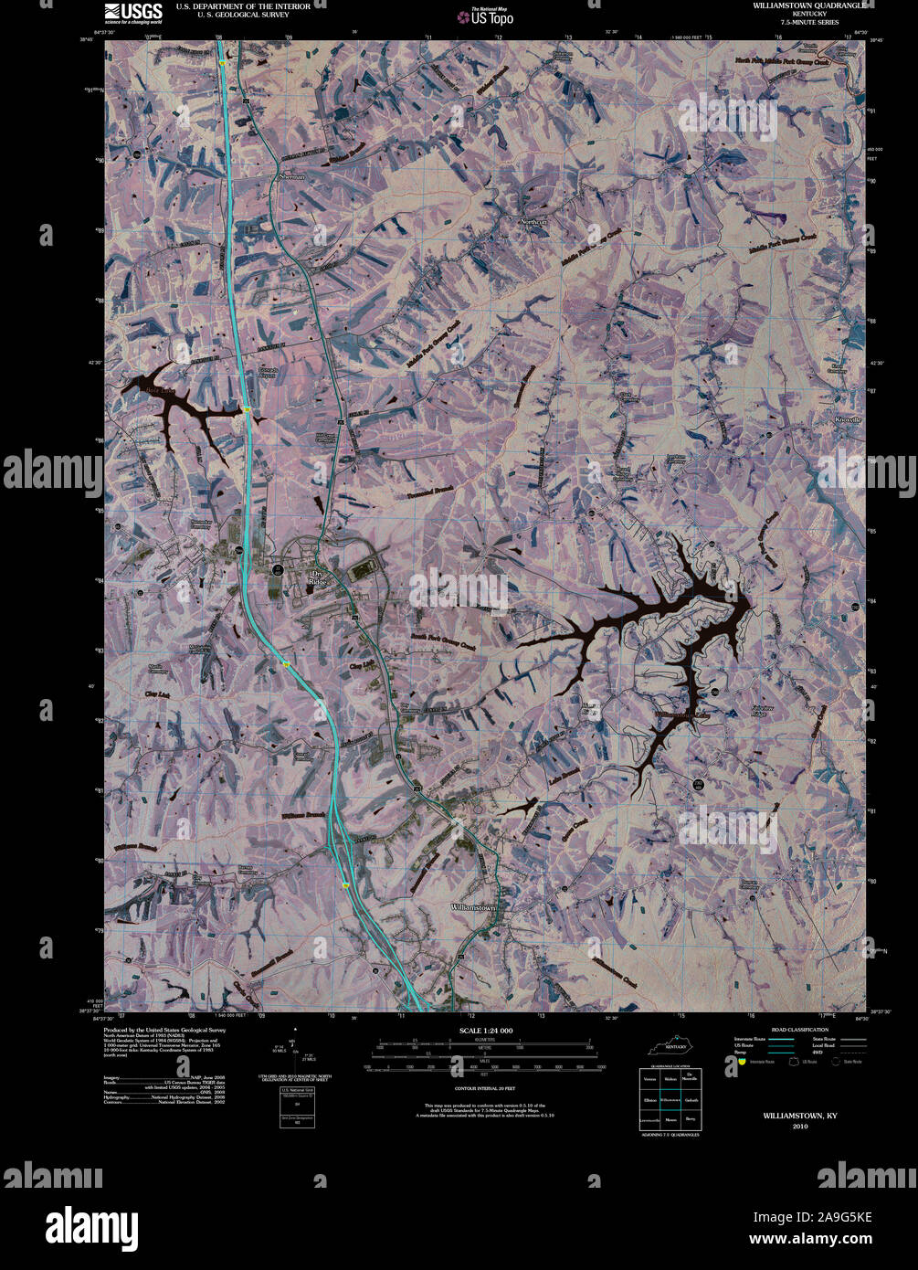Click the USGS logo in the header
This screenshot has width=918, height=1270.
132,13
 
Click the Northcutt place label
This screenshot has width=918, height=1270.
534,222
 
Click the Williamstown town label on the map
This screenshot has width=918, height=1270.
473,907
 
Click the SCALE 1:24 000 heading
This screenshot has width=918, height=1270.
486,1031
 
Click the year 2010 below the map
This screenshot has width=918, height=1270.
800,1126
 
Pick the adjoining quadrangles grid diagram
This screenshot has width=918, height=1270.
671,1099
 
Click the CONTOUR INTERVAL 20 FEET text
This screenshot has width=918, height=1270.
485,1089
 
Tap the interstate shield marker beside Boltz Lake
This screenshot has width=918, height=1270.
247,409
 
